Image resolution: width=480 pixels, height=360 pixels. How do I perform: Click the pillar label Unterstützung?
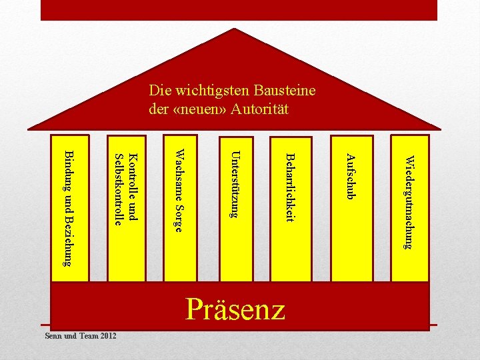click(x=233, y=185)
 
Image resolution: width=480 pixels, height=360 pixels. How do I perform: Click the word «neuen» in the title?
click(x=199, y=109)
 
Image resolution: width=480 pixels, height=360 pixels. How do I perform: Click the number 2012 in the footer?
click(x=106, y=335)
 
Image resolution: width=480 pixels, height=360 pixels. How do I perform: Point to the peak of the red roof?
click(x=235, y=29)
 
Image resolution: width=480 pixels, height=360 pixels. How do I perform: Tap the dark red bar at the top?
click(x=239, y=9)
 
